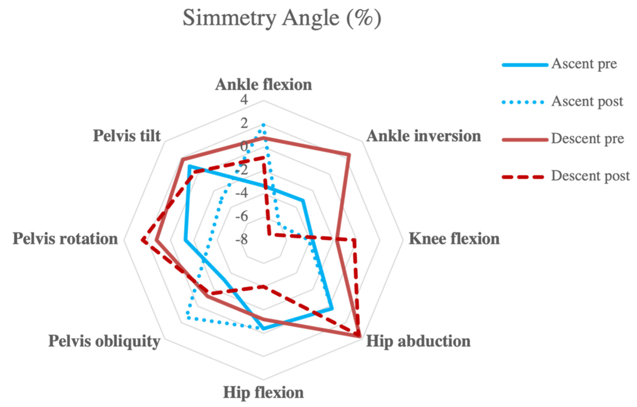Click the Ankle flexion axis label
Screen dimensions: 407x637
[x=264, y=85]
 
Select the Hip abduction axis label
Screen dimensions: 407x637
[x=418, y=341]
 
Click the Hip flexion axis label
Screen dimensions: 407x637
[x=264, y=393]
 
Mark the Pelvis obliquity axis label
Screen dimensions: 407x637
[x=104, y=341]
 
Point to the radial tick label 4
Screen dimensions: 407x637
[x=244, y=100]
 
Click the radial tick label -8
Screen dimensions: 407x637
[x=242, y=240]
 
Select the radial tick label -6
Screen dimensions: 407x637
[x=242, y=217]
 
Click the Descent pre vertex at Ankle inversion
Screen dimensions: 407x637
[x=349, y=154]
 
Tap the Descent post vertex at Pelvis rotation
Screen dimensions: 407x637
[x=143, y=240]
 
